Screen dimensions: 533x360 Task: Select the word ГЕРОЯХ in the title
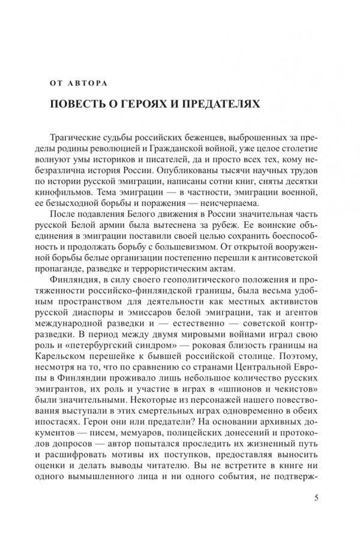tap(142, 104)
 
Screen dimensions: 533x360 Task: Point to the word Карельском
tap(71, 365)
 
